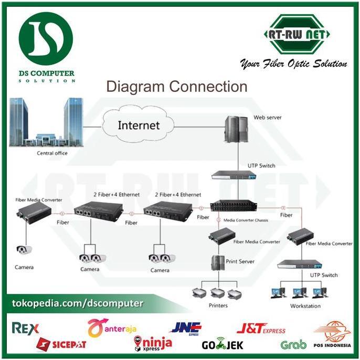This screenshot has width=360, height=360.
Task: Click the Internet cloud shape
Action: [x=138, y=125]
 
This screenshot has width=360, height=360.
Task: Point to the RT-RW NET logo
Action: [x=297, y=36]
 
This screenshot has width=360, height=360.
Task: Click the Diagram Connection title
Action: [x=176, y=87]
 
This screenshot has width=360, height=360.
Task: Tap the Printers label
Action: [x=218, y=305]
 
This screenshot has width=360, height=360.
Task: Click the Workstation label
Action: [x=305, y=305]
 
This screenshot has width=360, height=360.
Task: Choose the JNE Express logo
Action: [x=186, y=328]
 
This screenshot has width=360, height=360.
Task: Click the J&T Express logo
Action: [x=261, y=329]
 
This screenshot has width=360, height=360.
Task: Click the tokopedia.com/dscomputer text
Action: [x=77, y=303]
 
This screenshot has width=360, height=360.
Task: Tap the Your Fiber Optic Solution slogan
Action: [x=293, y=64]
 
